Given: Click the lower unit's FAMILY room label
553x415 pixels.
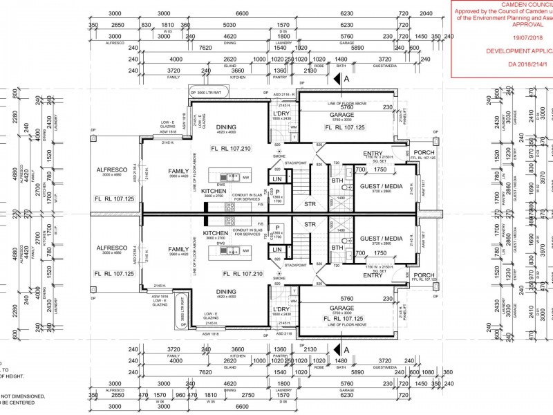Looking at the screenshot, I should click(x=178, y=249).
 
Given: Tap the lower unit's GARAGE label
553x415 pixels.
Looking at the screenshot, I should click(x=341, y=308).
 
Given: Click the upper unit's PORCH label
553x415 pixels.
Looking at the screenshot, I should click(x=424, y=151).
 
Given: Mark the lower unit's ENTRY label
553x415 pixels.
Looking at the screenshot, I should click(x=373, y=275).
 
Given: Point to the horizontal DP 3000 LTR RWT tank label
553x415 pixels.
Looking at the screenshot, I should click(x=207, y=92).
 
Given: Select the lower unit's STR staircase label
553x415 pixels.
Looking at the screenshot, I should click(x=310, y=224).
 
